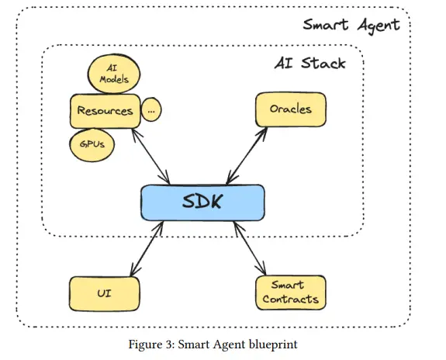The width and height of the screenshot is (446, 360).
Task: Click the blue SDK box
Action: pos(202,202)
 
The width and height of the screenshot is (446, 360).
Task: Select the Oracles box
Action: pos(291,109)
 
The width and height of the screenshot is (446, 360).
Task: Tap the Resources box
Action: pos(105,111)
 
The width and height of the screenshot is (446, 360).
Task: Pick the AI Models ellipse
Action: pos(114,74)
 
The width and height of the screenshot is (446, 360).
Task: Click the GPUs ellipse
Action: pos(92,144)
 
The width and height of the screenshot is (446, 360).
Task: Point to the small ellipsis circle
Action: pos(151,109)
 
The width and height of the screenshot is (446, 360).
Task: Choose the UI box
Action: pos(105,294)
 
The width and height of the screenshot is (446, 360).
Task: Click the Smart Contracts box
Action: pos(291,292)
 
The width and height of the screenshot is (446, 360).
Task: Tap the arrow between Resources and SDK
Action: pos(151,157)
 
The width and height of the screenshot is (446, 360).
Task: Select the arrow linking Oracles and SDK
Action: pos(247,156)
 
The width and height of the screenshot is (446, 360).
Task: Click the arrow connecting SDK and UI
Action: pos(147,249)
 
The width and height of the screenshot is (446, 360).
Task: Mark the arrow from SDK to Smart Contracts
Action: pos(250,248)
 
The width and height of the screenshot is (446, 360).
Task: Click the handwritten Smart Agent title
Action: pos(351,26)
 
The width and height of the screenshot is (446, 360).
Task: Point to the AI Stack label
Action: pos(310,63)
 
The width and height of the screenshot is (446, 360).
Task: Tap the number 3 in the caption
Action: pos(168,344)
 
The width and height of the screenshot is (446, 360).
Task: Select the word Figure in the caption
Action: pos(145,344)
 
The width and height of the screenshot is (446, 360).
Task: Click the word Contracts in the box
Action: pos(290,299)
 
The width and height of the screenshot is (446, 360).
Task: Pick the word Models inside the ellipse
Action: pos(114,79)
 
